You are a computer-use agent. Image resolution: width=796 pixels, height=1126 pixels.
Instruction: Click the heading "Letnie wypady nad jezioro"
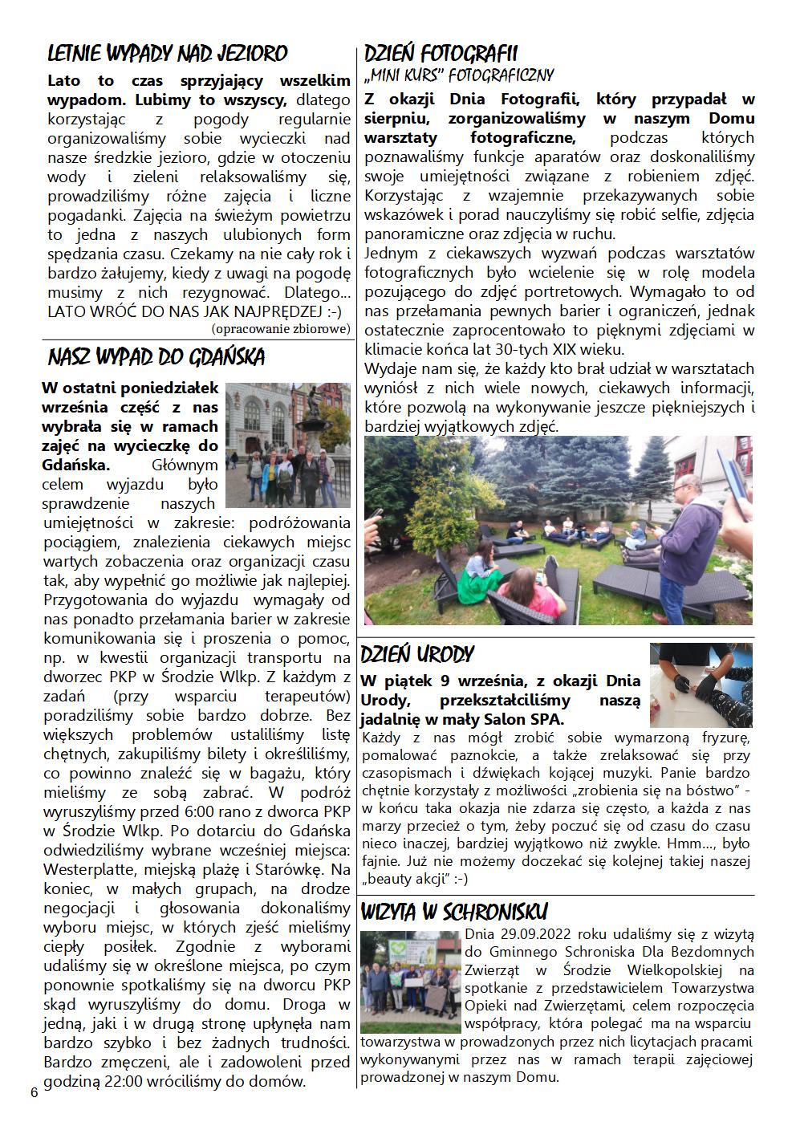tap(167, 54)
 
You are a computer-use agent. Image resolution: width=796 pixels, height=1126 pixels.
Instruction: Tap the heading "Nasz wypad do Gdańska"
tap(156, 357)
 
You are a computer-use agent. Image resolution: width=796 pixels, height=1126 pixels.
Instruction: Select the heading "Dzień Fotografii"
tap(441, 54)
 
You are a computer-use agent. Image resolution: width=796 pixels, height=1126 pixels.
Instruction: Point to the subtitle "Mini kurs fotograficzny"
tap(459, 76)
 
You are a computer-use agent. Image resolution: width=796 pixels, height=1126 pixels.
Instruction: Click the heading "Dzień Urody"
tap(417, 654)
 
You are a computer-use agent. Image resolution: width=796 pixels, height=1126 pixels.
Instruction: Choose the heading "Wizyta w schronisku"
tap(454, 912)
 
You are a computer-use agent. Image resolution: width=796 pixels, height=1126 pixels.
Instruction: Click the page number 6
tap(34, 1093)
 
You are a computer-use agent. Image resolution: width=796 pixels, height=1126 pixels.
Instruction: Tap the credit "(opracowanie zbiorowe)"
tap(281, 328)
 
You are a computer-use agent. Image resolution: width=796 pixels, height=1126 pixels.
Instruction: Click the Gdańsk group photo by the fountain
tap(288, 444)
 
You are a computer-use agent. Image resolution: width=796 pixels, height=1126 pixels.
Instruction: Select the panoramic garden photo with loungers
tap(558, 530)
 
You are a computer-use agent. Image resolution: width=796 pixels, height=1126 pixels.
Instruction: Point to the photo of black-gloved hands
tap(701, 685)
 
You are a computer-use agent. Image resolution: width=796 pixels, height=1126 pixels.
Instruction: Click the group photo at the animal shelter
tap(410, 982)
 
